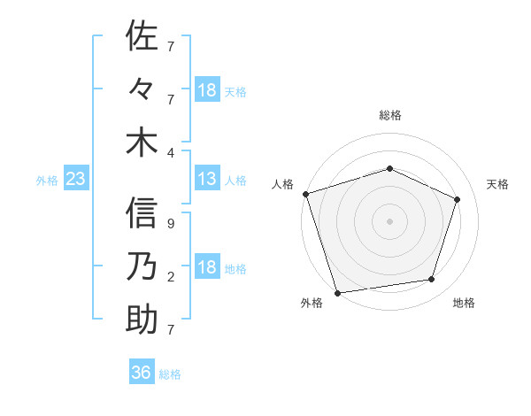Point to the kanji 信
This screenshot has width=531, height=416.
142,213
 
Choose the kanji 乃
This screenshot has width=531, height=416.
142,266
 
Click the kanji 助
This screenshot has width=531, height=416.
142,320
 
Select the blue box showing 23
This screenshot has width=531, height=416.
75,180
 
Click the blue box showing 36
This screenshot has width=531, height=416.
142,373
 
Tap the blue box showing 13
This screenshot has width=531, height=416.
207,180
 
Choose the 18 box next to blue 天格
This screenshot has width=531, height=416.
207,90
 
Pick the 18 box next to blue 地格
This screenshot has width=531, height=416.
207,268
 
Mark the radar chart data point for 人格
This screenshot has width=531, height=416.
305,194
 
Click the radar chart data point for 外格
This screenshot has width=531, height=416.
337,291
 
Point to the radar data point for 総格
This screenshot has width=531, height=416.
389,168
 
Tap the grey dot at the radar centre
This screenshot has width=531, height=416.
389,220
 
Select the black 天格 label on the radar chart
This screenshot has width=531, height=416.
497,184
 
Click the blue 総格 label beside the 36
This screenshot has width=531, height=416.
170,374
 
